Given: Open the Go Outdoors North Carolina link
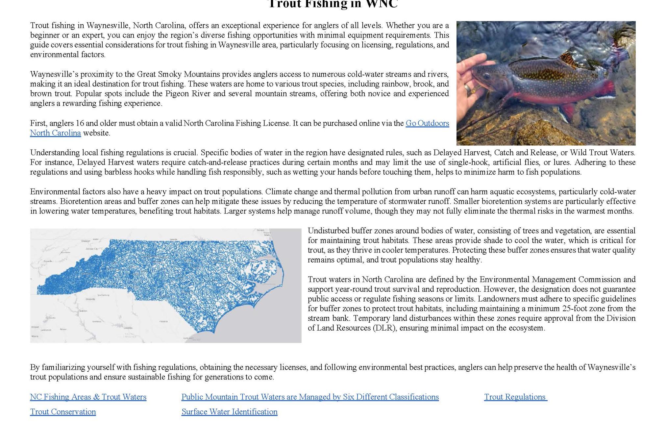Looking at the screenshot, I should [x=427, y=123].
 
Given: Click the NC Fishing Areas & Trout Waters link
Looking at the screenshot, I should [x=88, y=397].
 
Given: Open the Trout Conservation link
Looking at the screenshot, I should [x=63, y=412].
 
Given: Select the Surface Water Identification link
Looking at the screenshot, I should [x=229, y=412].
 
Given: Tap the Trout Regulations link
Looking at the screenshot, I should [x=515, y=397].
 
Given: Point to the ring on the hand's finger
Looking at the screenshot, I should [x=467, y=87].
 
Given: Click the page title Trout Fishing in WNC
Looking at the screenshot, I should [x=333, y=4].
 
